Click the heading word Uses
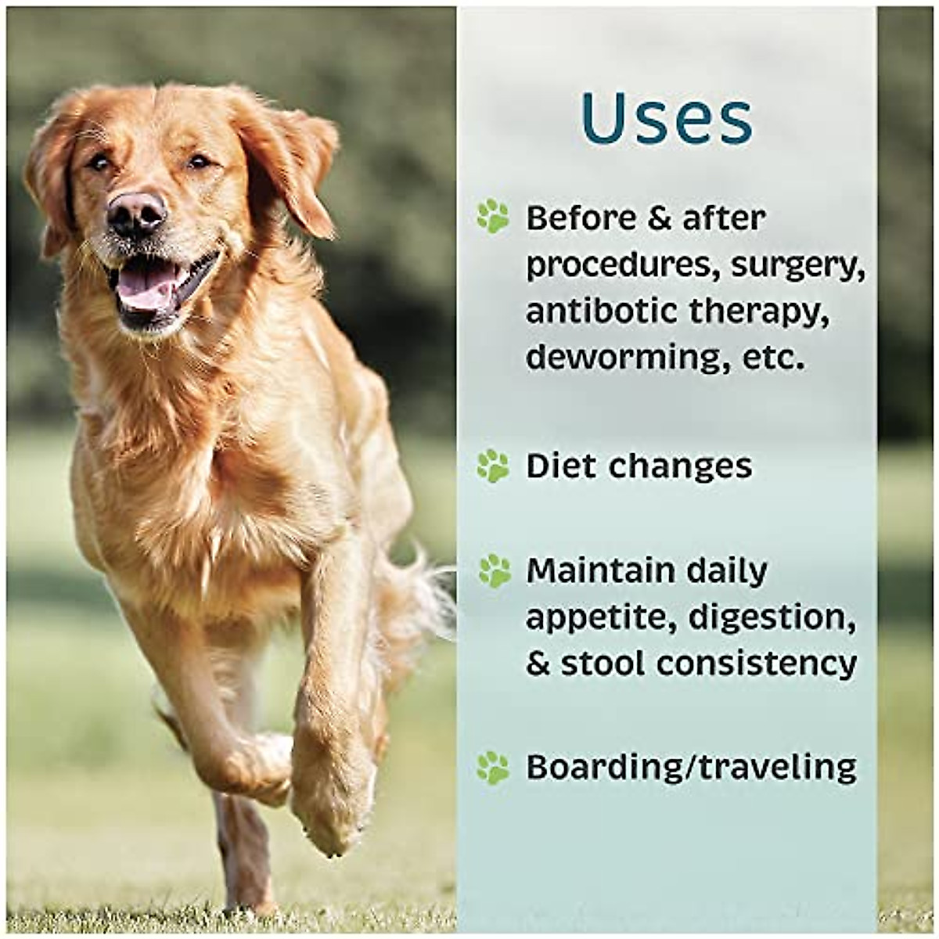tap(667, 119)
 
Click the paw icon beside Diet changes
tap(493, 466)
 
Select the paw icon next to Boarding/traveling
tap(493, 768)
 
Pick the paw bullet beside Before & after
tap(493, 216)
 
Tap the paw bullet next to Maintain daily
tap(494, 571)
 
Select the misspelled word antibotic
tap(602, 311)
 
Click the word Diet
tap(563, 466)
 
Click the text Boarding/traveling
tap(691, 768)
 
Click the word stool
tap(602, 664)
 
